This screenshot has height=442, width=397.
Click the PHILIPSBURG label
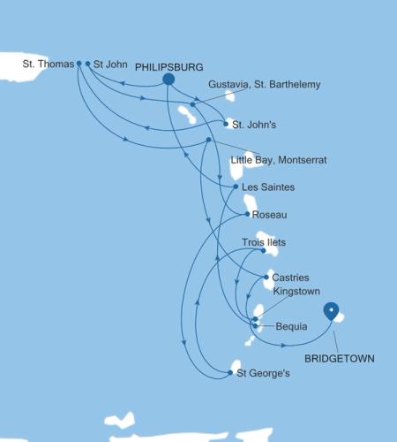(173, 67)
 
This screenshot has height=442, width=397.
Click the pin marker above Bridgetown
(331, 311)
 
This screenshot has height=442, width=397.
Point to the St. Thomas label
(49, 64)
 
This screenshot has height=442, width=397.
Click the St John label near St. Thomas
(110, 64)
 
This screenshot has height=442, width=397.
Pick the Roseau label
(269, 215)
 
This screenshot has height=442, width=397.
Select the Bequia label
(291, 326)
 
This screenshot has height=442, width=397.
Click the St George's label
(263, 373)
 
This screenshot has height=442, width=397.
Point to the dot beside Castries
(265, 278)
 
